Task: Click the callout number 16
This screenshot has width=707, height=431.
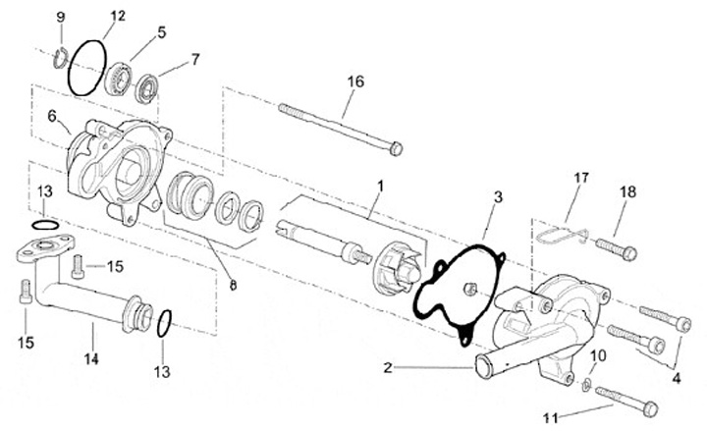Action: (354, 81)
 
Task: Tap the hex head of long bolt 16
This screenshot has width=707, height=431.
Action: (395, 149)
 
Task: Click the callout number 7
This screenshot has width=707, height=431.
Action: (194, 59)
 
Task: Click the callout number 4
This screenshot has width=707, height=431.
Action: (676, 377)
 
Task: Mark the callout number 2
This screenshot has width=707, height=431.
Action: (389, 368)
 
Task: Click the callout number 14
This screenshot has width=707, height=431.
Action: (91, 359)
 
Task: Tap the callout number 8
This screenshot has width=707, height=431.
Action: (233, 286)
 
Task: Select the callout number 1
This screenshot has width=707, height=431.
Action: (377, 185)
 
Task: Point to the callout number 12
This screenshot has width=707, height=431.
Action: (118, 17)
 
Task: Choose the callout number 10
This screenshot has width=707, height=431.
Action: (597, 354)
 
